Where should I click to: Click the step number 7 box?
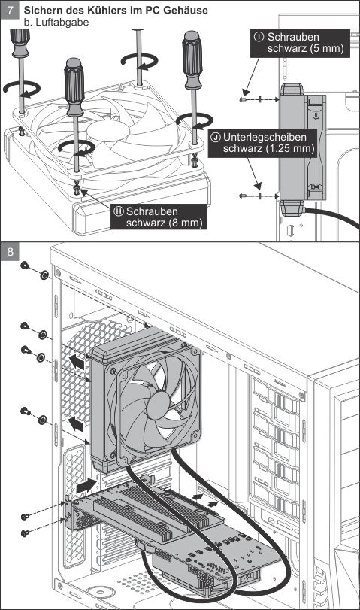pyautogui.click(x=10, y=10)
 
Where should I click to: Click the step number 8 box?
pyautogui.click(x=10, y=251)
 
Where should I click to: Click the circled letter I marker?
pyautogui.click(x=259, y=37)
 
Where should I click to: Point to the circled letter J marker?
pyautogui.click(x=216, y=137)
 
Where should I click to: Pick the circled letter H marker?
pyautogui.click(x=119, y=211)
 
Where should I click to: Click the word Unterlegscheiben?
pyautogui.click(x=265, y=137)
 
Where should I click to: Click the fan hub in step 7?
pyautogui.click(x=107, y=131)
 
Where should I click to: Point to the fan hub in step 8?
pyautogui.click(x=159, y=405)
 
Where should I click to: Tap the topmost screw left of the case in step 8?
pyautogui.click(x=25, y=266)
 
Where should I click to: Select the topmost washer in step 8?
pyautogui.click(x=44, y=275)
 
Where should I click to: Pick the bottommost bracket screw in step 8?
pyautogui.click(x=25, y=533)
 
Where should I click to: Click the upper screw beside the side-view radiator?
pyautogui.click(x=244, y=99)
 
